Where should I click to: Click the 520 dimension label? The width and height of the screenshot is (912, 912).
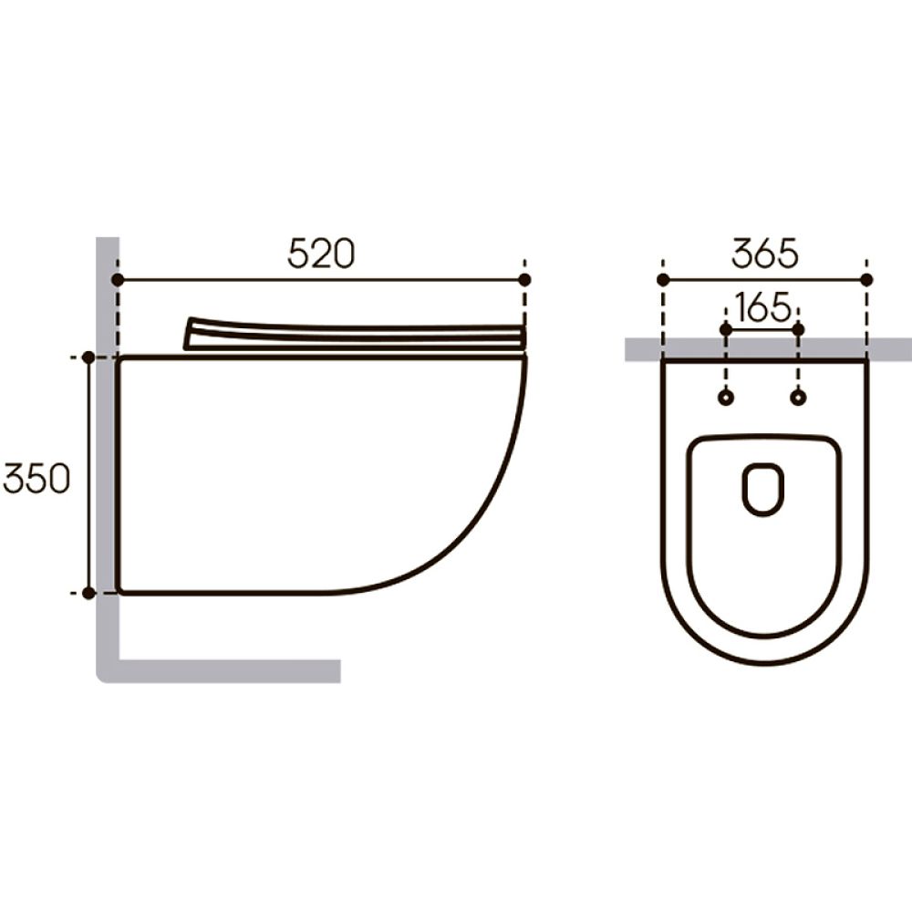click(321, 254)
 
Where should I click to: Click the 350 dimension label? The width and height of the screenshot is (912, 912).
click(36, 479)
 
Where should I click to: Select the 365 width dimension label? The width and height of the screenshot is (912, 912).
click(765, 254)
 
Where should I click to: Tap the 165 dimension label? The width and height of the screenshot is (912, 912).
click(762, 307)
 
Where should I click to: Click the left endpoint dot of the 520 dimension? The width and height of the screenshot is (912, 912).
click(118, 280)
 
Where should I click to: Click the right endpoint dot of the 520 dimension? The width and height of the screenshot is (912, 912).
click(524, 280)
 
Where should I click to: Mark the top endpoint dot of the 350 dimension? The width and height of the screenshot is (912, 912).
click(88, 358)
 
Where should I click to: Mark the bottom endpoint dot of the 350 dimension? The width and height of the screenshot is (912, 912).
click(88, 594)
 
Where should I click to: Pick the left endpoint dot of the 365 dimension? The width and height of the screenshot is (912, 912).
click(663, 280)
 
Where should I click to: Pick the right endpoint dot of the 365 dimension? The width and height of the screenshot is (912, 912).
click(866, 280)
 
